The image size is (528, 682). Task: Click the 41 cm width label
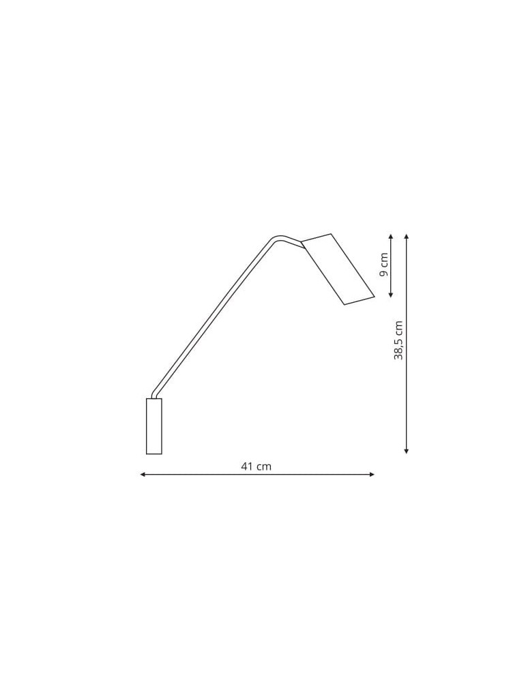point(256,466)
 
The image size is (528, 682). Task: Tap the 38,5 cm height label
point(398,340)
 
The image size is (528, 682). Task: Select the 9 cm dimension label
point(383,264)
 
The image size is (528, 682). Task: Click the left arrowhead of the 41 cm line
point(142,474)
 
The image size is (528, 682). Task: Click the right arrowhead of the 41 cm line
point(372,474)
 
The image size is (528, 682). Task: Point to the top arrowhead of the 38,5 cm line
point(406,236)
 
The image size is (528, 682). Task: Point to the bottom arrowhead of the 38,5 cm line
point(406,451)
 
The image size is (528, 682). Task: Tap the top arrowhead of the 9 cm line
point(390,236)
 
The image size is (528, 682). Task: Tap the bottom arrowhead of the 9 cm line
point(390,295)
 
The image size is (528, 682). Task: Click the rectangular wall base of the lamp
point(153,426)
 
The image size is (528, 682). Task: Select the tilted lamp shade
point(338,269)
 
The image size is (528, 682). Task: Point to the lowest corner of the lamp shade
point(344,304)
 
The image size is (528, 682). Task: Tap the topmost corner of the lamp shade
point(331,234)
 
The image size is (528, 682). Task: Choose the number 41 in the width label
point(248,466)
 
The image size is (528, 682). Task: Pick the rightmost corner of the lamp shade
point(375,296)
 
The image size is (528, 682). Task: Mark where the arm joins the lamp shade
point(302,244)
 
